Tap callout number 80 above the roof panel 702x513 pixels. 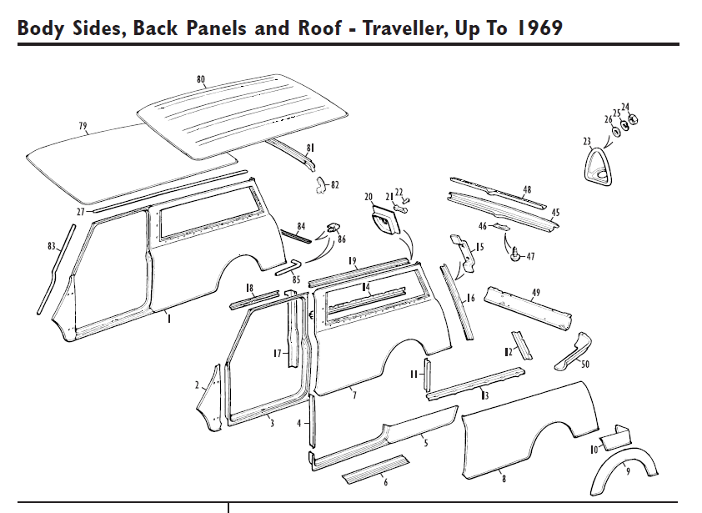click(201, 79)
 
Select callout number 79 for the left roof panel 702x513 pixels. click(83, 126)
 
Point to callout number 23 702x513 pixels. click(587, 142)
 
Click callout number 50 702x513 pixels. click(585, 364)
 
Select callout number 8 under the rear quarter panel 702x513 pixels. click(504, 478)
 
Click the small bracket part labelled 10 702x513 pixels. click(615, 435)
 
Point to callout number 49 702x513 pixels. click(536, 292)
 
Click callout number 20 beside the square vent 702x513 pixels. click(369, 197)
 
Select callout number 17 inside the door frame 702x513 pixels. click(278, 354)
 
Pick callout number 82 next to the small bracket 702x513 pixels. click(334, 185)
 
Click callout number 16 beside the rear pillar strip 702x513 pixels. click(471, 298)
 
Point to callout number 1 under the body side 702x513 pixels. click(169, 318)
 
